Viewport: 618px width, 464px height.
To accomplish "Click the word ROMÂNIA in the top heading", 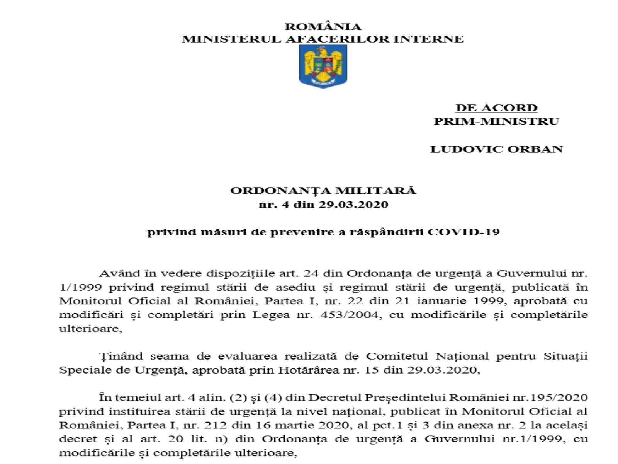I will tap(323, 27).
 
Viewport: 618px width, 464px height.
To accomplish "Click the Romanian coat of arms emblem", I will tap(323, 66).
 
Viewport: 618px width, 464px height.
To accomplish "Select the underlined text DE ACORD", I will tap(496, 108).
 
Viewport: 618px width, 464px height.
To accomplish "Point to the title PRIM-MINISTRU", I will tap(496, 121).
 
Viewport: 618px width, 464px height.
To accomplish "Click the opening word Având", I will tap(118, 273).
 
